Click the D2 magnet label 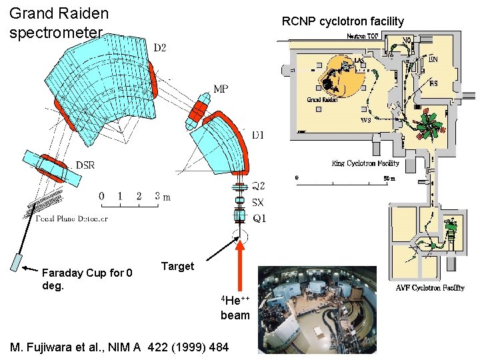[x=161, y=47]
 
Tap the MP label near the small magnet [x=221, y=89]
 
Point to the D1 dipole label [x=259, y=135]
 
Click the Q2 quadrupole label [x=258, y=186]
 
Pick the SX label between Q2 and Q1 [x=258, y=202]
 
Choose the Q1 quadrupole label [x=258, y=217]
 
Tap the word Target [x=177, y=266]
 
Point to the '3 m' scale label [x=163, y=196]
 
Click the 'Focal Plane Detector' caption [x=64, y=217]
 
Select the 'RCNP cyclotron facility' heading [x=343, y=21]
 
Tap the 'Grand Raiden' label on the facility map [x=323, y=99]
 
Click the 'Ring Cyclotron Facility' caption [x=365, y=163]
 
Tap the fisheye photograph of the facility [x=317, y=309]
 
